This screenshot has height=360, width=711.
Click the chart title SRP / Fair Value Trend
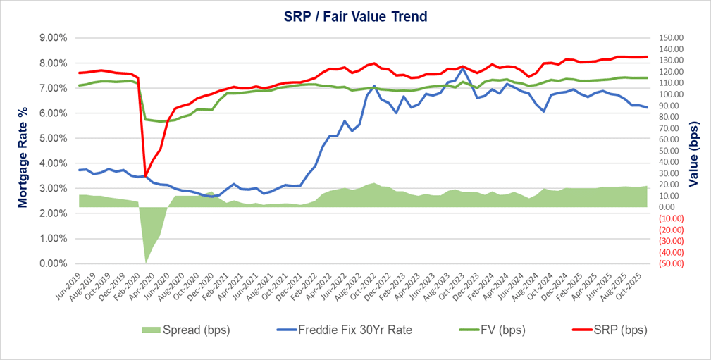pos(356,15)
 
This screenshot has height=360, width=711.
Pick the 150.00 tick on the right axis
pos(669,38)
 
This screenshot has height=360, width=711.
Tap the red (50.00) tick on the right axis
pos(669,263)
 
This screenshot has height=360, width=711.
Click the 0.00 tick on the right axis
pos(669,207)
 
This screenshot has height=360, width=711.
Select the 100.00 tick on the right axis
pos(669,94)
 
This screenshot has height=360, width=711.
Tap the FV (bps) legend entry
pos(487,329)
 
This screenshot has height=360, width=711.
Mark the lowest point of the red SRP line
pos(146,175)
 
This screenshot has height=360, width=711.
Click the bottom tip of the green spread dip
pos(146,263)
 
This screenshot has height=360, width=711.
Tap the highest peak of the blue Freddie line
pos(462,69)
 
